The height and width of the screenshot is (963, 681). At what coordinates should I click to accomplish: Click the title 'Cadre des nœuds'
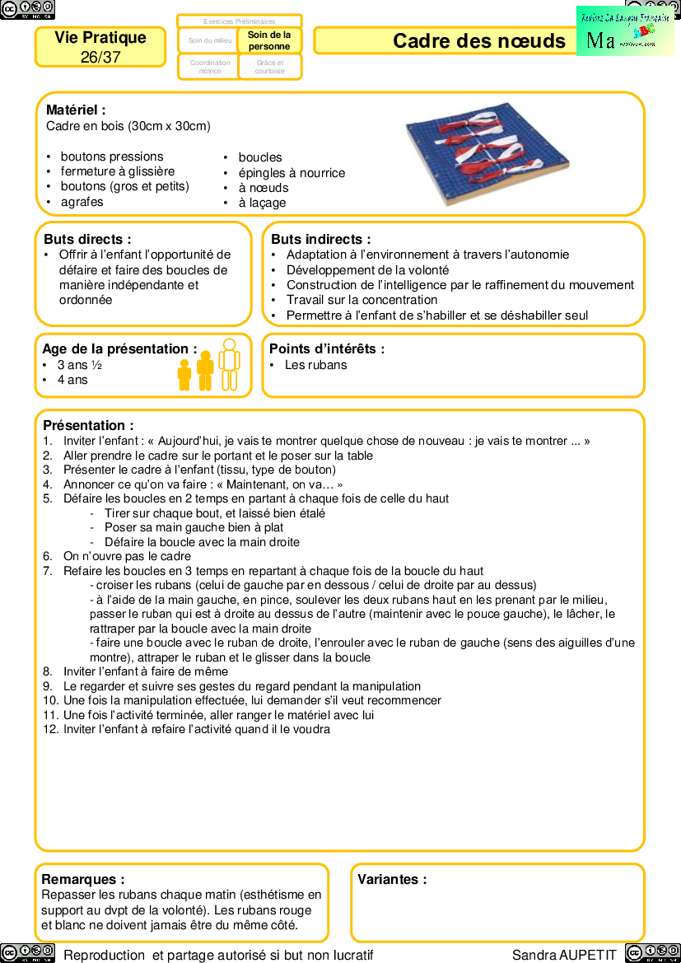(478, 41)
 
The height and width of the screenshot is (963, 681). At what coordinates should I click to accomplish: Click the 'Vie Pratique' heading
(100, 38)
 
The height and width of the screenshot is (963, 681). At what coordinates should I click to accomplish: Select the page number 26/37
(100, 57)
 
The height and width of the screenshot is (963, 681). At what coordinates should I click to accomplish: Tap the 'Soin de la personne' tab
(269, 40)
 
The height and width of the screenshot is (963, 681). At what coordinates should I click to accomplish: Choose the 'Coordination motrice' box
(210, 67)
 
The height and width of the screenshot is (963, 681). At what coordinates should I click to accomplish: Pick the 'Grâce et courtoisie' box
(269, 67)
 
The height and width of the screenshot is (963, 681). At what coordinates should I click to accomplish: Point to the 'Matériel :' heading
(76, 110)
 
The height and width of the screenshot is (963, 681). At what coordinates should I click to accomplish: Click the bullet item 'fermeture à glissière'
(117, 171)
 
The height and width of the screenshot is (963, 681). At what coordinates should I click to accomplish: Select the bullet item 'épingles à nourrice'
(292, 173)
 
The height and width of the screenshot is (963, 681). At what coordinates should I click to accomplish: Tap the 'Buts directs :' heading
(87, 239)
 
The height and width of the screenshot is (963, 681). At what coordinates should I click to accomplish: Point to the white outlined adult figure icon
(229, 364)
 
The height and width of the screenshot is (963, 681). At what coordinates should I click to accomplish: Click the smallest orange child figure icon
(184, 374)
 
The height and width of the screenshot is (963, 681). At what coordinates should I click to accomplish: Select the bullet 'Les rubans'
(315, 365)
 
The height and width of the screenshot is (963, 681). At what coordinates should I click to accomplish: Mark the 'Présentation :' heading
(88, 426)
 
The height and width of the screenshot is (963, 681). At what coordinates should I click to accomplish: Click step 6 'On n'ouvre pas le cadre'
(127, 556)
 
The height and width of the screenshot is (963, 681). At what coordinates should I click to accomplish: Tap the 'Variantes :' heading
(392, 879)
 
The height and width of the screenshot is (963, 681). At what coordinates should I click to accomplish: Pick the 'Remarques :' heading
(83, 879)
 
